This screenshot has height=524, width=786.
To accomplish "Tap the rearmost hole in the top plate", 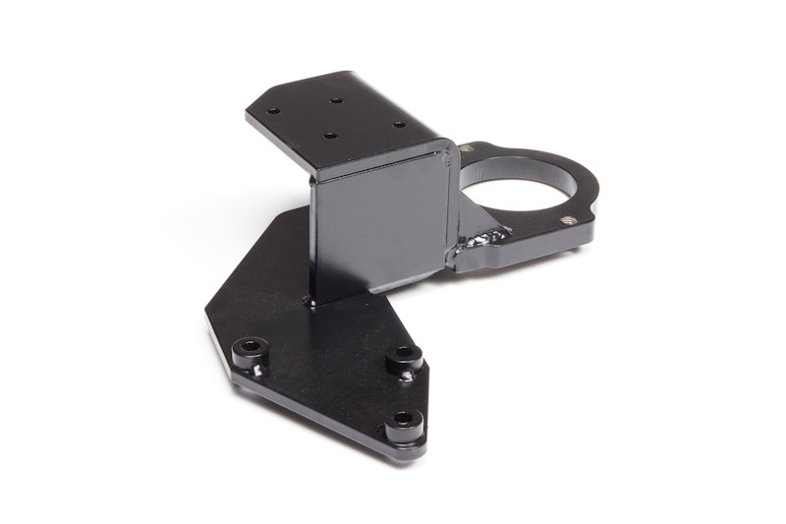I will [336, 99].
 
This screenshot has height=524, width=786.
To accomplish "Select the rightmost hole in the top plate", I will [398, 125].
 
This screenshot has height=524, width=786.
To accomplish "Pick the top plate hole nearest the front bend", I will [330, 136].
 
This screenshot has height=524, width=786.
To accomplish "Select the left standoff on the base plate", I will [249, 348].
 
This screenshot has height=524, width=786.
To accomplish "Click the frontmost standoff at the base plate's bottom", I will [403, 423].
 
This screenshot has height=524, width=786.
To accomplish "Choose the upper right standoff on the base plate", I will [403, 356].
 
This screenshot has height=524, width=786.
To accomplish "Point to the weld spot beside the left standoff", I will [256, 370].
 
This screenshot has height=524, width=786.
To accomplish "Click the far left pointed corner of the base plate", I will [207, 315].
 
